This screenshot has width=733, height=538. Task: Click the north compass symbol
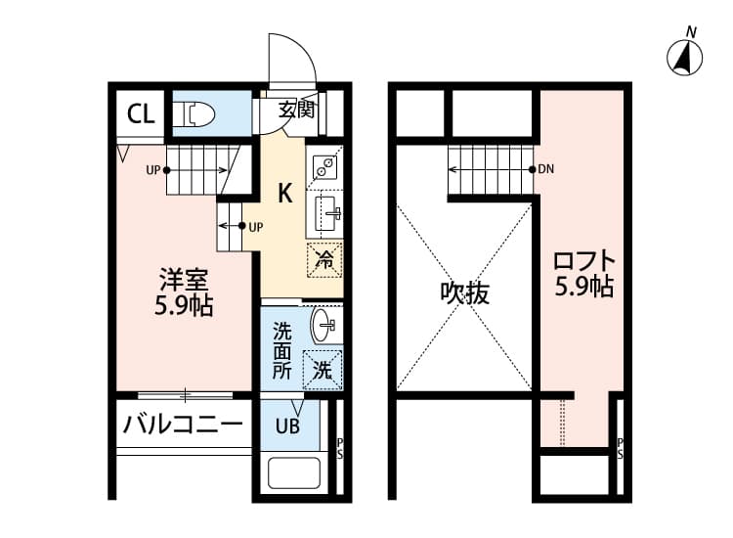pyautogui.click(x=686, y=58)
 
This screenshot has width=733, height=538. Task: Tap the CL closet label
pyautogui.click(x=140, y=113)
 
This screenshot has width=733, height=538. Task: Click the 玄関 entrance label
pyautogui.click(x=296, y=110)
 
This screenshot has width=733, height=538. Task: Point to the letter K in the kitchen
pyautogui.click(x=284, y=193)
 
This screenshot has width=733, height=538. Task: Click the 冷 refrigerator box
pyautogui.click(x=324, y=260)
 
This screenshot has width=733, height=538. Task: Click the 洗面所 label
pyautogui.click(x=281, y=351)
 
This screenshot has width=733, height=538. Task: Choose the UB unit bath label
pyautogui.click(x=286, y=426)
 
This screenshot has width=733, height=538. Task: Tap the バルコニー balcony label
pyautogui.click(x=182, y=426)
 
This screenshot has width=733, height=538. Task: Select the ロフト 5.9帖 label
pyautogui.click(x=583, y=275)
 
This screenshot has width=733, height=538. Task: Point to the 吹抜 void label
pyautogui.click(x=464, y=292)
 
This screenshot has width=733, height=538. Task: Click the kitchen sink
pyautogui.click(x=325, y=210)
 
